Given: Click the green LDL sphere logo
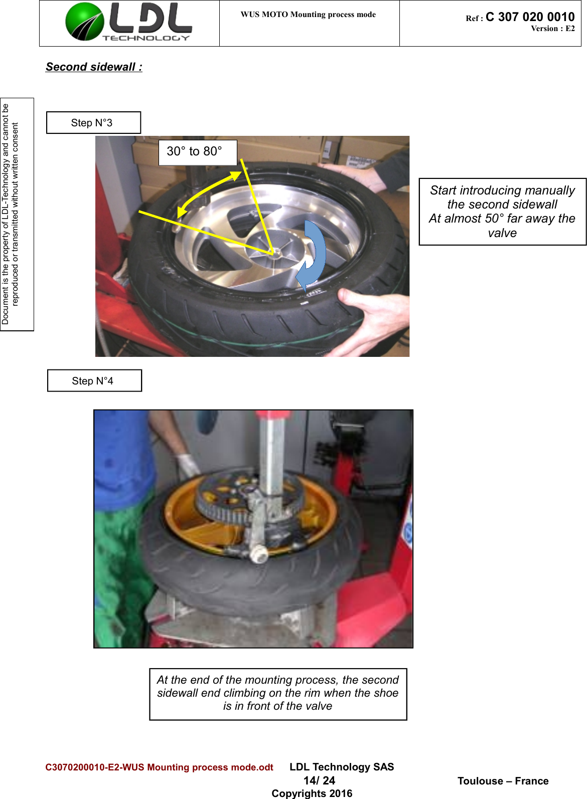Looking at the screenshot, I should coord(84,22).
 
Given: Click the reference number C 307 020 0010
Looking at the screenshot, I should coord(530,17).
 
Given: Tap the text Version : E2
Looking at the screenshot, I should coord(552,29).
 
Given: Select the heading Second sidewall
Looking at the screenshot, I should coord(94,67).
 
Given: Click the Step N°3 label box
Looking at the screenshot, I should coord(93,123).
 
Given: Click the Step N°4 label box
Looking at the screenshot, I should coord(94,381).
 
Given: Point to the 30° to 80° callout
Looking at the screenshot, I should coord(197,152).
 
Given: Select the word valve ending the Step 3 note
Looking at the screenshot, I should coord(502,233).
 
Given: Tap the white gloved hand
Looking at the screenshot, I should coord(188,465).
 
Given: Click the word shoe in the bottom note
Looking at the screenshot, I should coord(386,693).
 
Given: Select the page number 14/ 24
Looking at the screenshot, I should coord(319,780).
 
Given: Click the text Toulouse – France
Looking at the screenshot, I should coord(503,781).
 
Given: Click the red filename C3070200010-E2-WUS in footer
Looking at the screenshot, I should coord(159,767).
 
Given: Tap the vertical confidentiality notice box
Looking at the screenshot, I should coord(17,215).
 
